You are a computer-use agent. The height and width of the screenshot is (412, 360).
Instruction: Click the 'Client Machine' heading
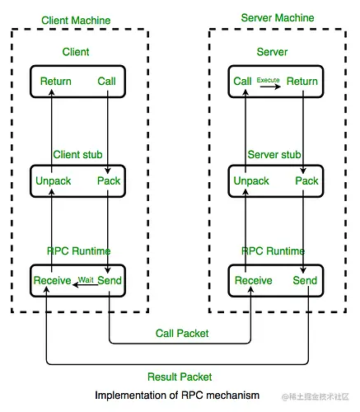coord(79,20)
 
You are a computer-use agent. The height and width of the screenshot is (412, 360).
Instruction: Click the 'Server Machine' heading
coord(278,18)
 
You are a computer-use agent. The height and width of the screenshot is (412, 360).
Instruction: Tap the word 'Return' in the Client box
coord(54,82)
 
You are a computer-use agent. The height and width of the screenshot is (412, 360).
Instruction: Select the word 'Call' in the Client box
coord(107,82)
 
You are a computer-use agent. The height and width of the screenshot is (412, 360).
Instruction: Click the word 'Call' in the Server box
coord(242,82)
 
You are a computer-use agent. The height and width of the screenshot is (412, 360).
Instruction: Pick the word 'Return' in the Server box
coord(302,82)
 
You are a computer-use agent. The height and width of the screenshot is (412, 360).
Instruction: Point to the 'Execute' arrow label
coord(269,79)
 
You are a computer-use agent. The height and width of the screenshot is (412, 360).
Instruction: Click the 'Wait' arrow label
coord(86,280)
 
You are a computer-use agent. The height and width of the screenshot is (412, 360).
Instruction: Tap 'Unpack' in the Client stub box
coord(54,181)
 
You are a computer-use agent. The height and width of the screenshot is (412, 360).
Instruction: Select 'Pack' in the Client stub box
coord(109,181)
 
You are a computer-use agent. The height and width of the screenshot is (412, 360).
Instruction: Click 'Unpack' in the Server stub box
coord(251,181)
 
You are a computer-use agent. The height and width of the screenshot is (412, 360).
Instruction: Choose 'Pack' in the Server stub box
coord(306,181)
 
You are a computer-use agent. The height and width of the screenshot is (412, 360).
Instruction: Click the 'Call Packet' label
coord(181,334)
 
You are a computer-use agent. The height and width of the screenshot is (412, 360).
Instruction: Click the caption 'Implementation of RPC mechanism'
coord(176,396)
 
